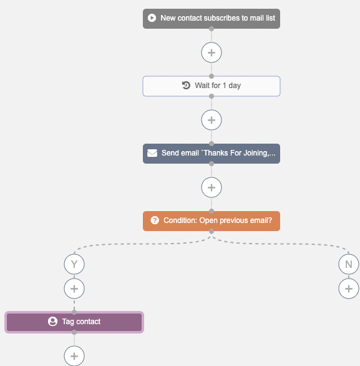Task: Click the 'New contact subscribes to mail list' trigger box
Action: pyautogui.click(x=212, y=19)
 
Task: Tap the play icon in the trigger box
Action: pyautogui.click(x=152, y=18)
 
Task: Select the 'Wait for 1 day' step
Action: pyautogui.click(x=212, y=86)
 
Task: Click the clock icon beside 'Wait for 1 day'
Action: pyautogui.click(x=186, y=85)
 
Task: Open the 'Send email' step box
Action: pyautogui.click(x=212, y=154)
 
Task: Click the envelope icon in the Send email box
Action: pyautogui.click(x=152, y=153)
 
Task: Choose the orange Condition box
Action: pyautogui.click(x=212, y=221)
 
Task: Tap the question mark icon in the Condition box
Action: pyautogui.click(x=155, y=220)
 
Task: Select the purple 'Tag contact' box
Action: pyautogui.click(x=74, y=322)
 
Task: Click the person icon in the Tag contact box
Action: pyautogui.click(x=52, y=322)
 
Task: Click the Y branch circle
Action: pyautogui.click(x=74, y=264)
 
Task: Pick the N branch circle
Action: pyautogui.click(x=349, y=264)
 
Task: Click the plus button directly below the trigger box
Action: pyautogui.click(x=212, y=52)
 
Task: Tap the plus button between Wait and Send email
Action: pyautogui.click(x=212, y=120)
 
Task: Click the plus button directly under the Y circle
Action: pyautogui.click(x=74, y=289)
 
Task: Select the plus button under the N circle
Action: pyautogui.click(x=349, y=289)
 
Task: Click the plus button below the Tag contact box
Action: pyautogui.click(x=74, y=356)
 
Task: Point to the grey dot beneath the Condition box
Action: pyautogui.click(x=212, y=231)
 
